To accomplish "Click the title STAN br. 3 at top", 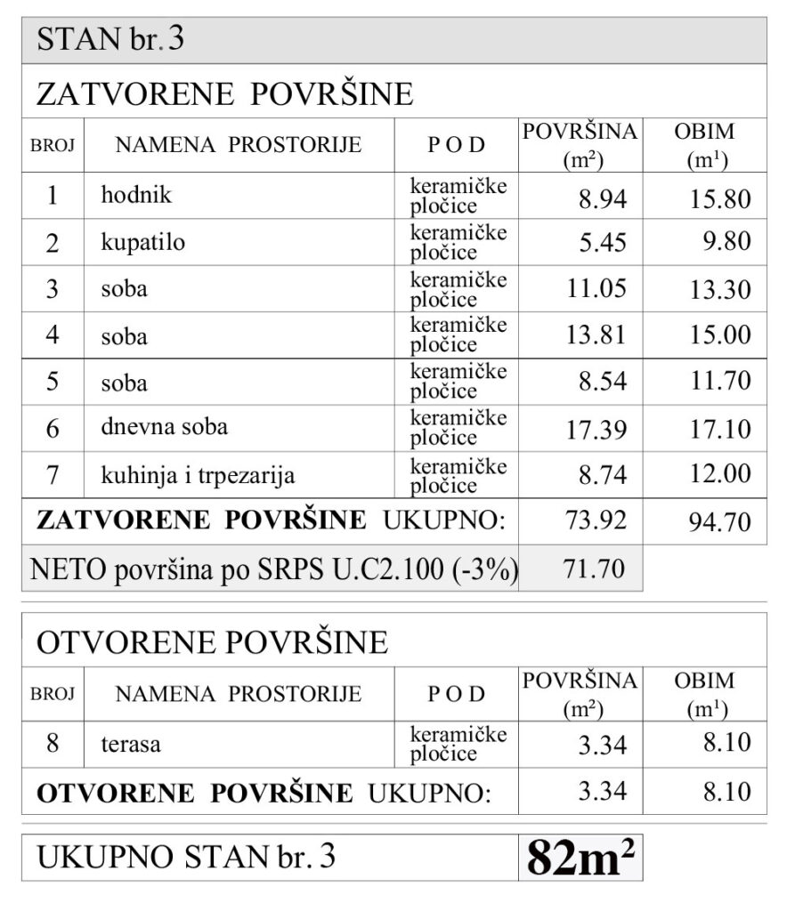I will click(x=110, y=41).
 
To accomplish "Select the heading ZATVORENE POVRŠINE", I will click(x=223, y=93).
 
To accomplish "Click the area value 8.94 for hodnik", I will click(x=603, y=197).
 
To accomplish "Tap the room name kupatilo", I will click(x=142, y=242).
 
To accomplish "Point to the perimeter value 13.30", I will click(x=720, y=289).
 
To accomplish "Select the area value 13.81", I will click(x=596, y=335).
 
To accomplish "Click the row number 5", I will click(x=52, y=383).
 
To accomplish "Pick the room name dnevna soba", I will click(x=164, y=427).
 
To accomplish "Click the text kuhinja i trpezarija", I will click(x=197, y=475).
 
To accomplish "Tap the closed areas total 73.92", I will click(x=596, y=520).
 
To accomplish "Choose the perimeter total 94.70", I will click(x=720, y=522).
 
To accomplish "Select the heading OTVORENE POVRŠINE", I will click(x=211, y=641).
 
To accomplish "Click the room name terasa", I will click(x=131, y=744).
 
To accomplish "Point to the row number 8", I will click(x=52, y=742).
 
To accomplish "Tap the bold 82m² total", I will click(x=580, y=857).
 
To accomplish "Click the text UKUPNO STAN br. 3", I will click(x=186, y=858).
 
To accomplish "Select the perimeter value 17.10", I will click(x=720, y=429).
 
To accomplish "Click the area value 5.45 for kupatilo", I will click(x=603, y=243).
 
